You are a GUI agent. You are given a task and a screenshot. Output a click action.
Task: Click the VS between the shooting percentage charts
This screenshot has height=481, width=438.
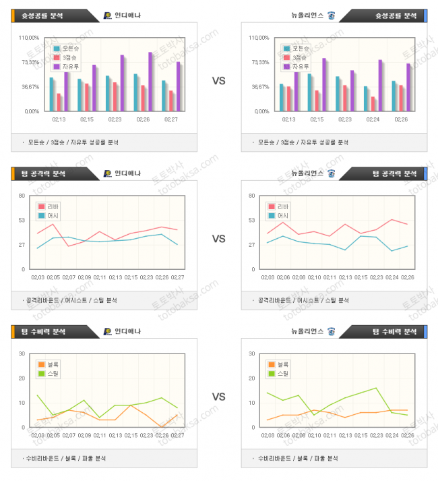pyautogui.click(x=218, y=81)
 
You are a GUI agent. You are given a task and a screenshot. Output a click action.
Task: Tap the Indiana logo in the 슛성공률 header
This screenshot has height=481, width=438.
pyautogui.click(x=108, y=16)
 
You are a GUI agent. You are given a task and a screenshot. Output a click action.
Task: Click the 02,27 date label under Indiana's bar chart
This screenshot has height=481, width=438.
pyautogui.click(x=171, y=119)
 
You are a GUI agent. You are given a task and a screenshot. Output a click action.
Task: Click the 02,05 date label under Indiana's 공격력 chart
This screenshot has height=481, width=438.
pyautogui.click(x=53, y=277)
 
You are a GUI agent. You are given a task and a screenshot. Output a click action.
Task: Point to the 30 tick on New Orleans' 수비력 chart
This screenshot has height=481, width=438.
pyautogui.click(x=251, y=353)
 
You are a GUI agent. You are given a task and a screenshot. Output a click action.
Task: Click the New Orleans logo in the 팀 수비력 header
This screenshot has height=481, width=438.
pyautogui.click(x=331, y=331)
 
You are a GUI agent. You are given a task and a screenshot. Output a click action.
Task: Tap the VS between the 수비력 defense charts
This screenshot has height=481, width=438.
pyautogui.click(x=218, y=396)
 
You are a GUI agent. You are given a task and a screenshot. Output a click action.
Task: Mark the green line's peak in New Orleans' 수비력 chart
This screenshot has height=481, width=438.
pyautogui.click(x=375, y=388)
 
